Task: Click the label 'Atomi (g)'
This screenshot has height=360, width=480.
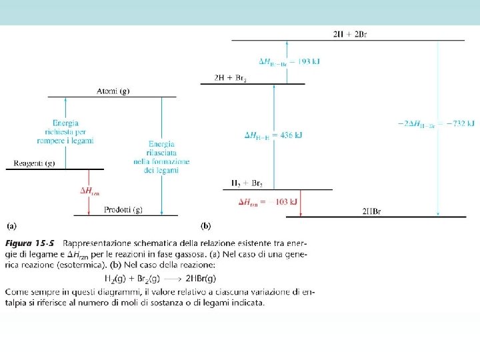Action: [x=113, y=91]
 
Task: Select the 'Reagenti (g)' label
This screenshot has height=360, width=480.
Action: [x=35, y=163]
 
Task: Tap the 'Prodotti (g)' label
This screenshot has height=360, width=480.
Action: [x=123, y=210]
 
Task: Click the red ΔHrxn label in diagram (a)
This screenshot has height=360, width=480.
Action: [x=90, y=191]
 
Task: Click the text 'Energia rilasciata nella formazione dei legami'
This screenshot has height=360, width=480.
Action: [x=161, y=157]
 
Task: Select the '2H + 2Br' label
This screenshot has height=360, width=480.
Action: [x=350, y=34]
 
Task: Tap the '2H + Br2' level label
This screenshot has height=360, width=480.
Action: [x=231, y=78]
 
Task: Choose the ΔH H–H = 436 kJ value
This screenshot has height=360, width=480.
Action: [x=274, y=135]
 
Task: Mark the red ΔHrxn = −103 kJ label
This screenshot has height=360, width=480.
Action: [x=267, y=201]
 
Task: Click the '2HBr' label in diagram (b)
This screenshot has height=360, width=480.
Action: [x=371, y=211]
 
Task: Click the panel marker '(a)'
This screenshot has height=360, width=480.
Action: [x=13, y=225]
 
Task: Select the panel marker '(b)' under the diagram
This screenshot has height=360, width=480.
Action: [x=206, y=225]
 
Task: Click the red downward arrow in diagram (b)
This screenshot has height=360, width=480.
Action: [x=302, y=203]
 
